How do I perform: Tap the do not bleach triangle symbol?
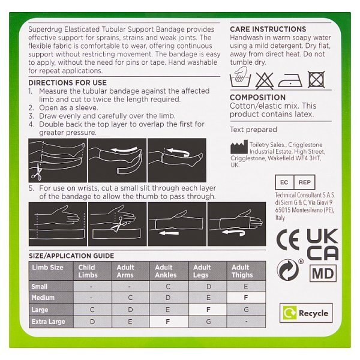pos(265,80)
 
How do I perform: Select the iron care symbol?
pos(290,80)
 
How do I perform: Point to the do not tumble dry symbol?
pos(316,79)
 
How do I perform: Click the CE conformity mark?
pos(288,239)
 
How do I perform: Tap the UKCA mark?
pos(322,244)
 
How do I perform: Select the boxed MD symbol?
pos(323,273)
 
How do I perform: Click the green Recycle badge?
pos(306,313)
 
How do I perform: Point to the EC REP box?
pos(295,182)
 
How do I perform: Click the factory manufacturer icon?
pos(239,147)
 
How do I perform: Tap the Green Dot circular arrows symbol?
pos(287,270)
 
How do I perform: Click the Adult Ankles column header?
pos(166,271)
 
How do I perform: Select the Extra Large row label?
pos(48,322)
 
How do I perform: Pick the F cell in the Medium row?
pos(246,298)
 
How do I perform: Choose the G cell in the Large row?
pos(246,310)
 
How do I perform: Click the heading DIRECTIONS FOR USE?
pos(67,83)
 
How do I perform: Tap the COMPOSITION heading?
pos(257,97)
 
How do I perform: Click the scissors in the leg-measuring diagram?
pos(37,172)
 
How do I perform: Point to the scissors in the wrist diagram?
pos(118,224)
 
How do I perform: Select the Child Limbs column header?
pos(88,271)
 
